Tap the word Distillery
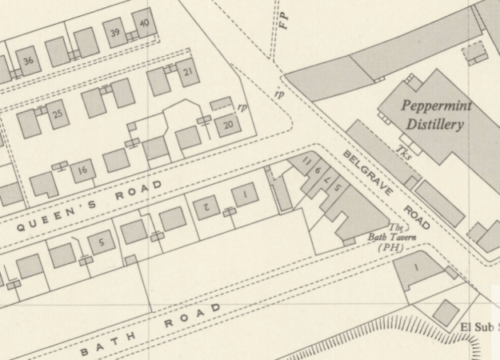coord(434,125)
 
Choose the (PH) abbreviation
coord(390,248)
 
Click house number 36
coord(29,61)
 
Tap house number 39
coord(116,33)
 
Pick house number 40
coord(143,23)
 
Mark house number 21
coord(188,73)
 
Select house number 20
coord(228,125)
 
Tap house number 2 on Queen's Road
coord(206,206)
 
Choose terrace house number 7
coord(328,181)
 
